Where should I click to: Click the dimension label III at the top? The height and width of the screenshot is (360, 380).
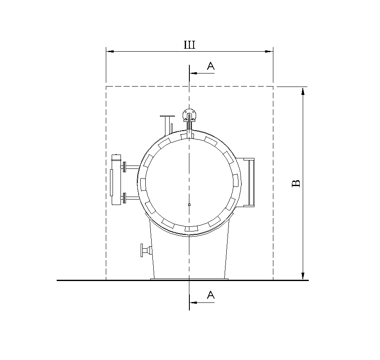[189, 45]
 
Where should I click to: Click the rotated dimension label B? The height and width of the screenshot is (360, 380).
[296, 184]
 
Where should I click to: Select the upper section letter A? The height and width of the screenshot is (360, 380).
[211, 66]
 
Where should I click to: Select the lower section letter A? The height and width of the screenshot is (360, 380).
[211, 295]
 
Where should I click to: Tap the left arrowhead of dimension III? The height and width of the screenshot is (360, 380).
[110, 51]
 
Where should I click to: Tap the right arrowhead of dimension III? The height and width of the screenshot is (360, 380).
[269, 51]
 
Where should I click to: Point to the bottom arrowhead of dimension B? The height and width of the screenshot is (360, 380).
[303, 276]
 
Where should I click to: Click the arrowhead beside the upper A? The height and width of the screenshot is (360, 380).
[194, 73]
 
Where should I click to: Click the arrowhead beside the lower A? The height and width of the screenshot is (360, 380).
[194, 302]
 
